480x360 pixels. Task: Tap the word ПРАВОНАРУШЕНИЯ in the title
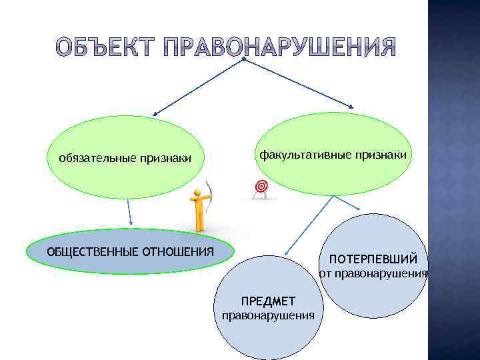pyautogui.click(x=279, y=47)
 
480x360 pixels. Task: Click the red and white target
pyautogui.click(x=261, y=187)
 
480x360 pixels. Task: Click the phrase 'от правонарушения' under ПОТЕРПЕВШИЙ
pyautogui.click(x=371, y=273)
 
